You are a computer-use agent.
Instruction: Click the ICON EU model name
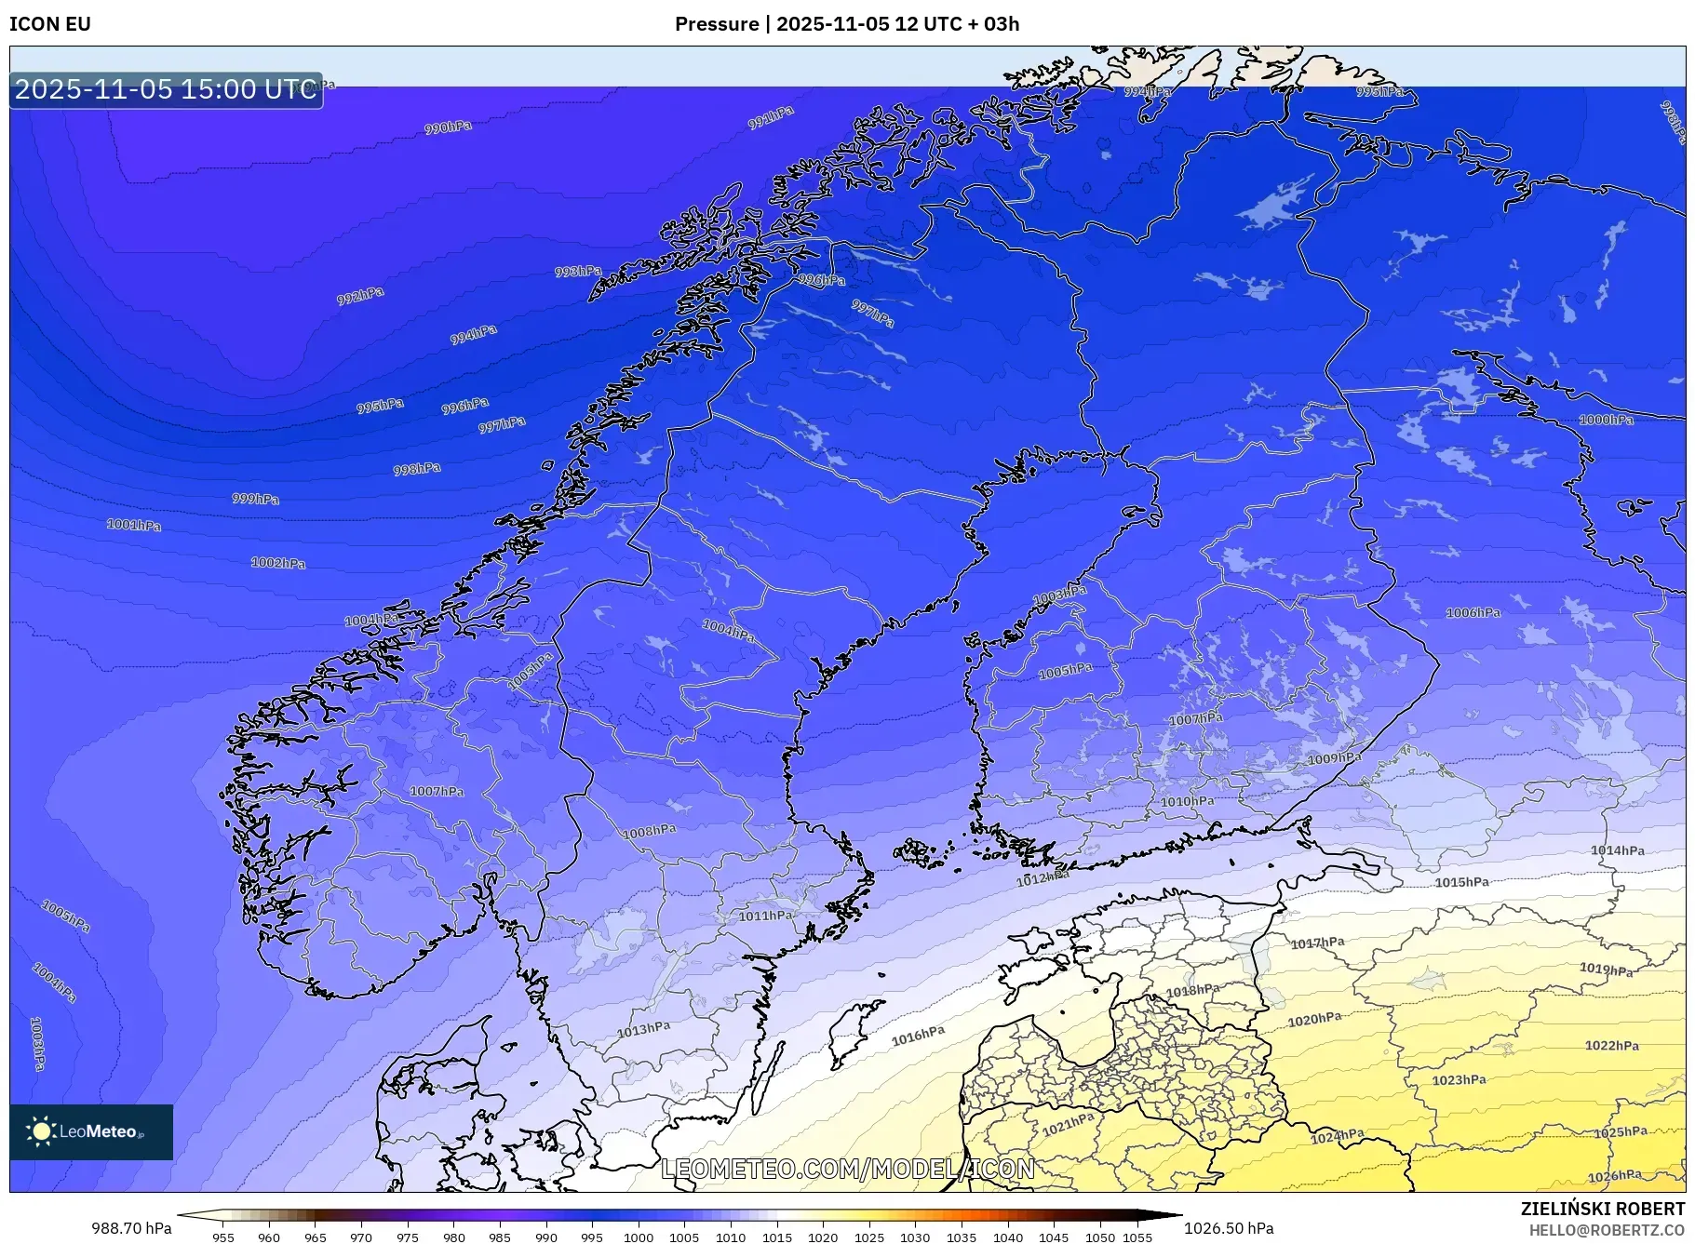pos(50,24)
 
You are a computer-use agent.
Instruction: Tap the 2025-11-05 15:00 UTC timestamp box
pos(166,89)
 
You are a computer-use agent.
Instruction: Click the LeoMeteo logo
pos(91,1131)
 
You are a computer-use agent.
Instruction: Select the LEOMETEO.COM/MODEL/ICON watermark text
pos(847,1169)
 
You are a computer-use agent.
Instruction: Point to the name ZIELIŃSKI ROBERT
pos(1602,1209)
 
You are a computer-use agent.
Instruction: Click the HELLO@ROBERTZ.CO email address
pos(1606,1230)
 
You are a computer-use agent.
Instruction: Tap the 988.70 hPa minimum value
pos(131,1228)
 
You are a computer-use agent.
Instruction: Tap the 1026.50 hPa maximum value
pos(1229,1228)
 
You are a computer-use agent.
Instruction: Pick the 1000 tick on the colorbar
pos(639,1237)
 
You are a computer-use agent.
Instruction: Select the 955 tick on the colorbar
pos(222,1237)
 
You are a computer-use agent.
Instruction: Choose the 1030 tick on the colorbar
pos(915,1237)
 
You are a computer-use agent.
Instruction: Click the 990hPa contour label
pos(448,127)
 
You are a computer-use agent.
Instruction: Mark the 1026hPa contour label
pos(1614,1176)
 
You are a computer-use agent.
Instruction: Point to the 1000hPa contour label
pos(1606,420)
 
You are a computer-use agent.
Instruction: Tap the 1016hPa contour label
pos(918,1037)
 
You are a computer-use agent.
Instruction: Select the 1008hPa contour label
pos(650,831)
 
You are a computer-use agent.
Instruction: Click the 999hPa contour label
pos(255,499)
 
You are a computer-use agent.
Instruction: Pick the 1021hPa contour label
pos(1068,1124)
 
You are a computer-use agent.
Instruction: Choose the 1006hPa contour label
pos(1473,612)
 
